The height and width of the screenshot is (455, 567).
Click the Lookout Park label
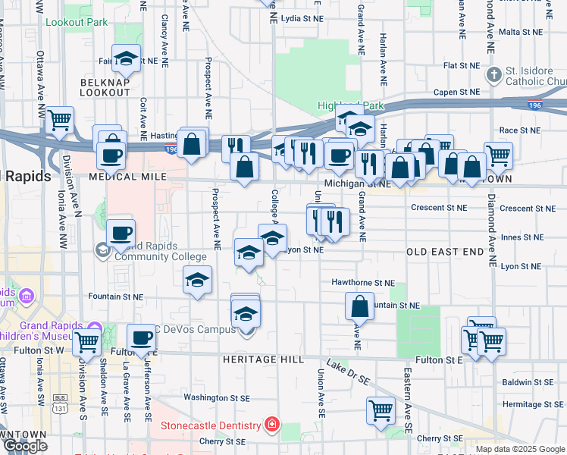click(x=77, y=22)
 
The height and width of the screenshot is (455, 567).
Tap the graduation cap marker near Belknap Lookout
click(x=126, y=58)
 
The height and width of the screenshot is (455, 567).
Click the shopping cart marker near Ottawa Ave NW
click(x=59, y=120)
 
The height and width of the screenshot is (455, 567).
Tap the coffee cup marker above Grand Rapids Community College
click(x=121, y=232)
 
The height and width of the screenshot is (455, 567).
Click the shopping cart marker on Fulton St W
click(x=86, y=343)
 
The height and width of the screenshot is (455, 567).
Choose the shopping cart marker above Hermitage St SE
click(x=381, y=409)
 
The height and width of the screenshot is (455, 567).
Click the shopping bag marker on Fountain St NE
click(x=359, y=306)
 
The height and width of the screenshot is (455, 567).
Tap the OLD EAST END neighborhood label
click(x=445, y=251)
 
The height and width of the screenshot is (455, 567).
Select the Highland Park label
click(x=351, y=106)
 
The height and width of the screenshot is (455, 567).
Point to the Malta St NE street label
click(x=519, y=33)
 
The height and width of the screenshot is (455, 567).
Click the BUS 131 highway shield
click(x=60, y=400)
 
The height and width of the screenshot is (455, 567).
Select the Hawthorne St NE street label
click(x=363, y=282)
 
